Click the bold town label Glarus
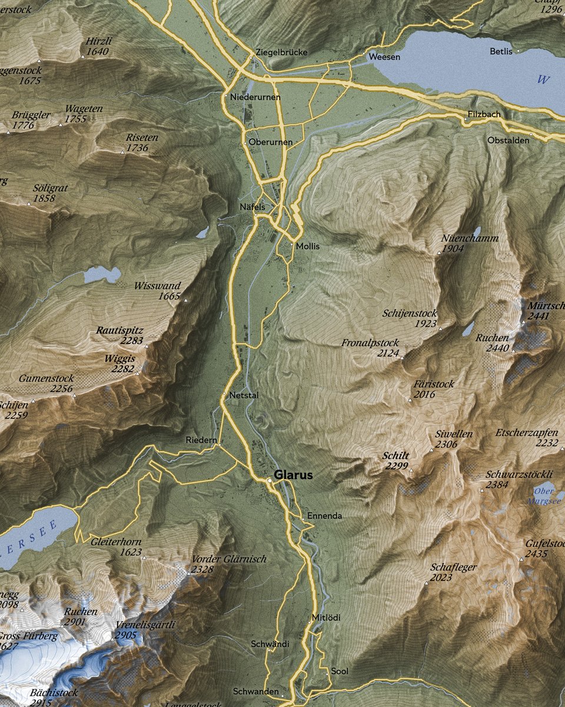293,475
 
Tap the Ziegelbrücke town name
281,52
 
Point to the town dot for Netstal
225,394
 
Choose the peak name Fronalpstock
370,343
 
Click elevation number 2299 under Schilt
397,466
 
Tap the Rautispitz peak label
119,331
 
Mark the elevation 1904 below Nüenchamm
453,249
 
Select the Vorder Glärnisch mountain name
229,559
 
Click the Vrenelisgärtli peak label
146,625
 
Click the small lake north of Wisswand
102,274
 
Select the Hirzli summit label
98,41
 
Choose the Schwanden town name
255,691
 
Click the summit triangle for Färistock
410,401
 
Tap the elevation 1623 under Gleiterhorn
130,552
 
